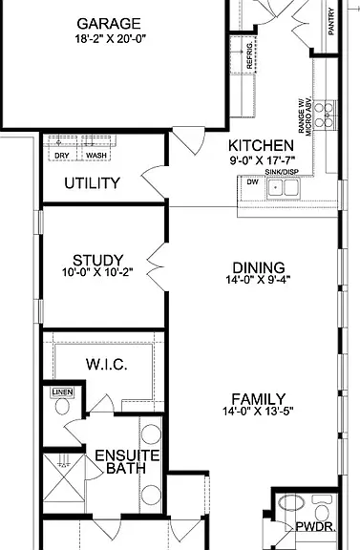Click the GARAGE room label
[x=109, y=24]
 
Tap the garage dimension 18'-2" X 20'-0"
[x=110, y=38]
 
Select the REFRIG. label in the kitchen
[x=249, y=56]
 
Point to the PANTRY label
[x=331, y=22]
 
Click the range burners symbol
[x=324, y=115]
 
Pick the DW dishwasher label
[x=253, y=182]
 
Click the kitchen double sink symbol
[x=284, y=188]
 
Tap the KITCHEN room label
[x=261, y=145]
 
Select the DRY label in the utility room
[x=62, y=156]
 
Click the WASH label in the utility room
[x=96, y=156]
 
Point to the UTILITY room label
[x=92, y=183]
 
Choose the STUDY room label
[x=98, y=261]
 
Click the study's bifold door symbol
[x=156, y=267]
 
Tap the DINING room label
[x=259, y=267]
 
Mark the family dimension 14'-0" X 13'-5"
[x=258, y=412]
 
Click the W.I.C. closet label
[x=107, y=365]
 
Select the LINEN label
[x=62, y=391]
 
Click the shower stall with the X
[x=64, y=477]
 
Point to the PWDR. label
[x=316, y=526]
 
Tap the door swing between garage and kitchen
[x=189, y=141]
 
